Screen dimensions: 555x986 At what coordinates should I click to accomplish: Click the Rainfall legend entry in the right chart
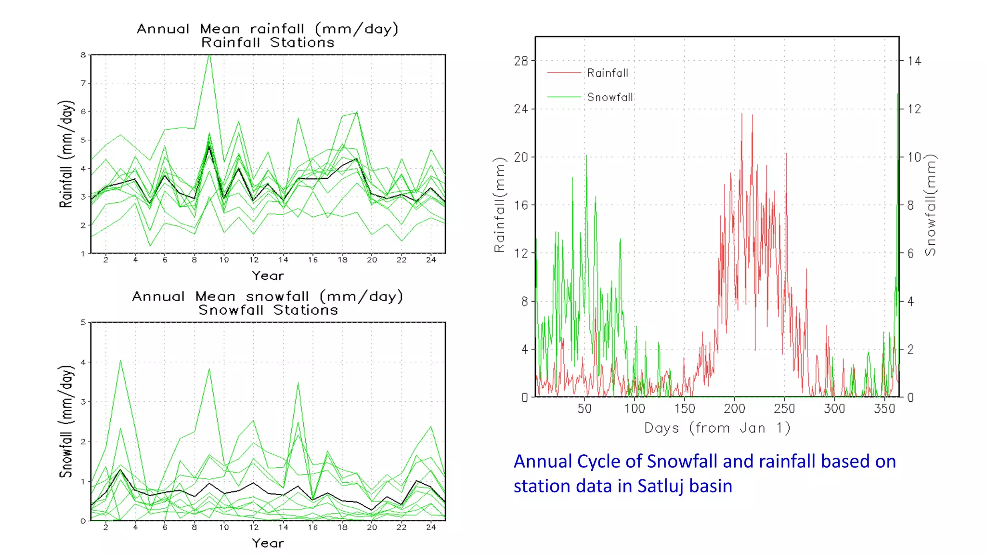point(607,73)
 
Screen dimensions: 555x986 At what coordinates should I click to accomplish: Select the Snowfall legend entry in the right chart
point(610,97)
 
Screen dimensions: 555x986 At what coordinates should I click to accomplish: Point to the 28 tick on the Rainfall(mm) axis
point(521,61)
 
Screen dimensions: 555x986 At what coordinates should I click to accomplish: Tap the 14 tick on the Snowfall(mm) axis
point(914,61)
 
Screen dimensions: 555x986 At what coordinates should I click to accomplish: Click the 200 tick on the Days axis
point(734,409)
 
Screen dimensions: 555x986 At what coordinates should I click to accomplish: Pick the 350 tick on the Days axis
point(884,409)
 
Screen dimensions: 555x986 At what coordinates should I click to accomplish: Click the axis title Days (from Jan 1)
point(717,428)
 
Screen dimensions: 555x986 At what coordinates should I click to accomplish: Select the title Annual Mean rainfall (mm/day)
point(268,29)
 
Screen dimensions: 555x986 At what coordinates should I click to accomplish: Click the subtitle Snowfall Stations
point(268,310)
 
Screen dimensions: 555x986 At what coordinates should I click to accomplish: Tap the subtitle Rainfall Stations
point(268,42)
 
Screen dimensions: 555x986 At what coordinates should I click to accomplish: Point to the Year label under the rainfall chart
point(268,276)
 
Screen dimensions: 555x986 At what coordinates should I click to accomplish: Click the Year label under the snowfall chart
point(268,543)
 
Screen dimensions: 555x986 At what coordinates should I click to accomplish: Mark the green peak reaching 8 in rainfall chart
point(209,56)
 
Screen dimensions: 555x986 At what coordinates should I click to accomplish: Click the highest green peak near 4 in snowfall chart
point(120,361)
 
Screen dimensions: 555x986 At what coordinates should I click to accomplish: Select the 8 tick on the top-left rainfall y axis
point(83,55)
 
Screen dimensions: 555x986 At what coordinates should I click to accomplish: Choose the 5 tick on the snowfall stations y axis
point(83,322)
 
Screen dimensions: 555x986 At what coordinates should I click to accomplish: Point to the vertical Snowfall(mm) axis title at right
point(931,205)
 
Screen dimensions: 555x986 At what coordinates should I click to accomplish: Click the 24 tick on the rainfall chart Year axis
point(431,260)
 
